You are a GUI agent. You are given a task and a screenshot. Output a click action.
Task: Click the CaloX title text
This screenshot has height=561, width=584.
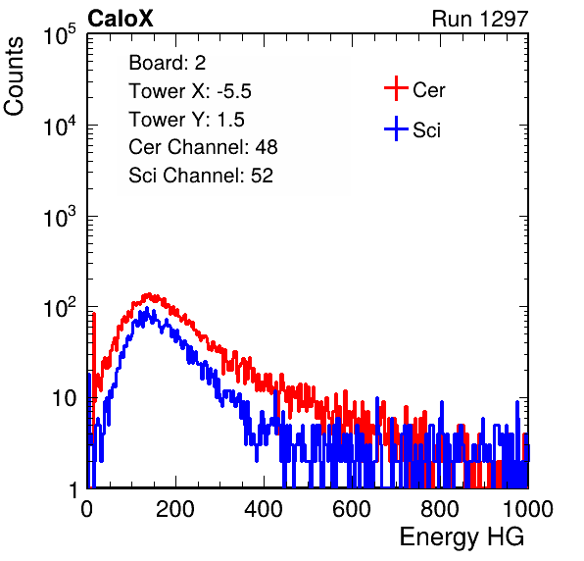point(120,19)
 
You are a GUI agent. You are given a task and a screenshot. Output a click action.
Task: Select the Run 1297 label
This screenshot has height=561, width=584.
point(480,19)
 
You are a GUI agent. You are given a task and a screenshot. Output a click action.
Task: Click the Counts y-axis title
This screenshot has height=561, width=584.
point(14,76)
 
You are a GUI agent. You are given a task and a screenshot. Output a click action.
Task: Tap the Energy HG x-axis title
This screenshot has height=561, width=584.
point(462,536)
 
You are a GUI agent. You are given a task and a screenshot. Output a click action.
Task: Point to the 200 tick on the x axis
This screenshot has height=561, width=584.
point(175,509)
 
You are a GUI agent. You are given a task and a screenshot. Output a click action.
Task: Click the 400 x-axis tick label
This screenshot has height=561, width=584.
point(264,509)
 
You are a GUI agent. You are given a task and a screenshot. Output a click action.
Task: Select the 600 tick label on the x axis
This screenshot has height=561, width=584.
point(352,509)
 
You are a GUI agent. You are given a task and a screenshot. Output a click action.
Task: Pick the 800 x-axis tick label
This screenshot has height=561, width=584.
point(440,509)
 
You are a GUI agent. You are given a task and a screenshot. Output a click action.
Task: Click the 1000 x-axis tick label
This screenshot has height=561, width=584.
point(528,509)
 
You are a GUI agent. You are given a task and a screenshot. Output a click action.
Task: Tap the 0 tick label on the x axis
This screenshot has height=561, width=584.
point(86,509)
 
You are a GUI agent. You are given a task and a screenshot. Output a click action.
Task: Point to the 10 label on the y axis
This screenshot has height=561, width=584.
point(65,398)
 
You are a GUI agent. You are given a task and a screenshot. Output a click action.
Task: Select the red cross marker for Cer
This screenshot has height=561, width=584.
point(396,88)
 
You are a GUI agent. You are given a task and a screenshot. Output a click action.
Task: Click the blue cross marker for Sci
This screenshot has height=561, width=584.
point(396,129)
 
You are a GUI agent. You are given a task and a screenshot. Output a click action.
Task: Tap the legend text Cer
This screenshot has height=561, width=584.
point(428,90)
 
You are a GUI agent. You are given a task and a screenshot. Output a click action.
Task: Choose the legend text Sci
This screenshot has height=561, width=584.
point(426,130)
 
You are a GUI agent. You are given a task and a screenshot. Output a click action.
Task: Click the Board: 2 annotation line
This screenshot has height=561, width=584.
point(168,63)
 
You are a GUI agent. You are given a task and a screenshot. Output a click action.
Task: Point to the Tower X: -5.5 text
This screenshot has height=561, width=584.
point(190,91)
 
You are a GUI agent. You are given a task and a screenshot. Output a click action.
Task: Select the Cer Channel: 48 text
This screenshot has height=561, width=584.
point(203,147)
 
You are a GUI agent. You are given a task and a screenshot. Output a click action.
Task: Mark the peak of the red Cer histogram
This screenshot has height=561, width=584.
point(149,294)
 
